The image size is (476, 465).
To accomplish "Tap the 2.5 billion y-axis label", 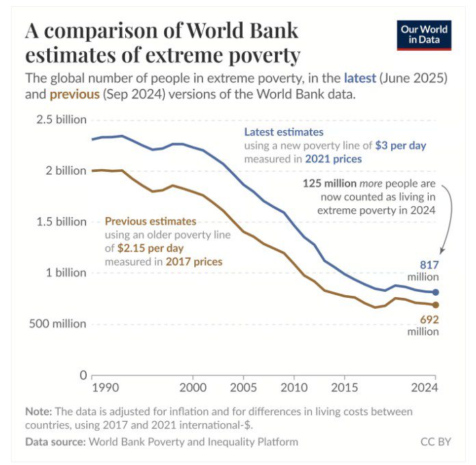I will click(x=61, y=119).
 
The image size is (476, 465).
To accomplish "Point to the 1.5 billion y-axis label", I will click(x=61, y=221).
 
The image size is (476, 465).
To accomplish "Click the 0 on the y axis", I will click(x=83, y=375).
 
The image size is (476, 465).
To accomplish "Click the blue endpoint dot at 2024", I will click(x=436, y=292).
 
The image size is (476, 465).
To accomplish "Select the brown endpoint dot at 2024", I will click(x=436, y=305).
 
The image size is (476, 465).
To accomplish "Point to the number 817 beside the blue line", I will click(x=429, y=265).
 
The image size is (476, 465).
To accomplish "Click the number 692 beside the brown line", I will click(x=429, y=319).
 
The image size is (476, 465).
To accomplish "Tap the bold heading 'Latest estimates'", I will click(x=285, y=131).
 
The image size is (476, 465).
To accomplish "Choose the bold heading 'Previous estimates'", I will click(x=150, y=221).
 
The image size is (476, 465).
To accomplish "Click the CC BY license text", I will click(x=436, y=442).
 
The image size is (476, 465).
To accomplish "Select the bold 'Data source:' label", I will click(x=55, y=442).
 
